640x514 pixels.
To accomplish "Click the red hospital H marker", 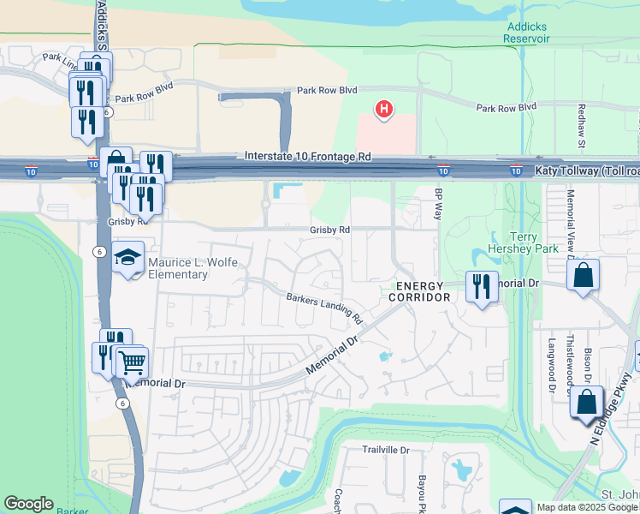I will point(385,110).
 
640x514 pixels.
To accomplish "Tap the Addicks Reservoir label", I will point(525,33).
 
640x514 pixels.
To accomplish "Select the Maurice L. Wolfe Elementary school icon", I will point(127,257).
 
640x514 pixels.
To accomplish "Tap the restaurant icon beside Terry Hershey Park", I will point(482,285).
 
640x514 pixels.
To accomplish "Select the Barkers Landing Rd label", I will point(324,308).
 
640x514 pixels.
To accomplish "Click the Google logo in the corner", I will point(28,504).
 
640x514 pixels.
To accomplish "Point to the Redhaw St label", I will point(581,124).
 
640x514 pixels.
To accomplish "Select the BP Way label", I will point(439,204).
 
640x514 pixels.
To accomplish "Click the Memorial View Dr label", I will point(570,224).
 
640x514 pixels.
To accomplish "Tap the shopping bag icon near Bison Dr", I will point(587,403).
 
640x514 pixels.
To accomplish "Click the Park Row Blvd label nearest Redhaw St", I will point(507,107).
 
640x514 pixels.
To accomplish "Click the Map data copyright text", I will point(587,507).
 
